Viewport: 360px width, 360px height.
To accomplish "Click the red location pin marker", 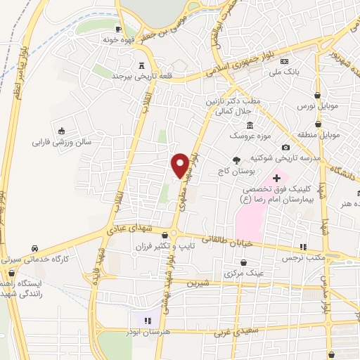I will [180, 165].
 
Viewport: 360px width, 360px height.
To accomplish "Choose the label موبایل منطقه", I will [322, 134].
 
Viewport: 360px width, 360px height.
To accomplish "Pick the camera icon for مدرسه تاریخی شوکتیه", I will [285, 147].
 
